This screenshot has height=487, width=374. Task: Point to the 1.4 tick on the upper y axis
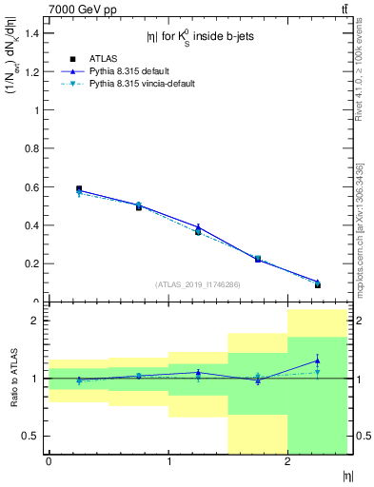pyautogui.click(x=33, y=33)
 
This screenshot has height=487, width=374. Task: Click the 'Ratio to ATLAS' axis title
pyautogui.click(x=12, y=379)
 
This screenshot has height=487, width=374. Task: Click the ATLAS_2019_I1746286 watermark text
pyautogui.click(x=197, y=284)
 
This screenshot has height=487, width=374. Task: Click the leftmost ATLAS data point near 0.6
pyautogui.click(x=79, y=189)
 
